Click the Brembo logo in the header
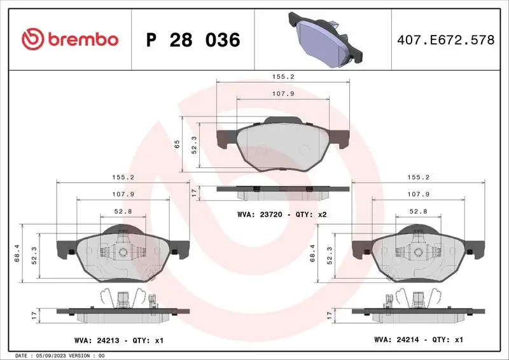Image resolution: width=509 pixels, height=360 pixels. pos(70,39)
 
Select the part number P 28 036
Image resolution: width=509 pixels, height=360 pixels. pos(193,40)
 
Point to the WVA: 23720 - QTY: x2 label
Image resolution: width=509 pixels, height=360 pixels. pos(282,215)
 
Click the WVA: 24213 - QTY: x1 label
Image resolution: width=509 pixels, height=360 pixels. pos(118,340)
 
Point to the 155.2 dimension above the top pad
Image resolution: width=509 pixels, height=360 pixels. pos(283,76)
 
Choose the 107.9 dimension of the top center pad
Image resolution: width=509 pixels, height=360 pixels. pos(283,93)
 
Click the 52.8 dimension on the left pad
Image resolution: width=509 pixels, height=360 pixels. pos(122,211)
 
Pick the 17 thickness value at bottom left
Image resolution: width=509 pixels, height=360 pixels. pos(32,314)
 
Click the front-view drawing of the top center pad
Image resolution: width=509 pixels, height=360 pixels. pos(283,145)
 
